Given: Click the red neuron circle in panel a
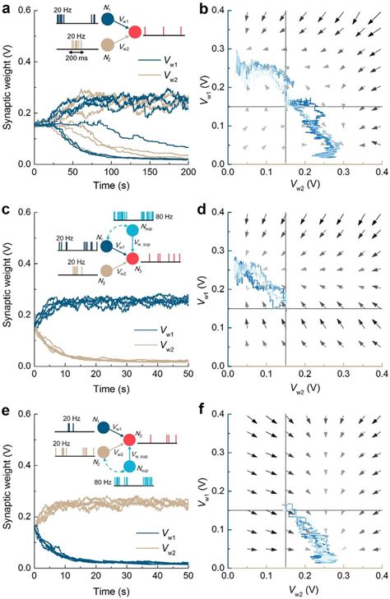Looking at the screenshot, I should pyautogui.click(x=135, y=33).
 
